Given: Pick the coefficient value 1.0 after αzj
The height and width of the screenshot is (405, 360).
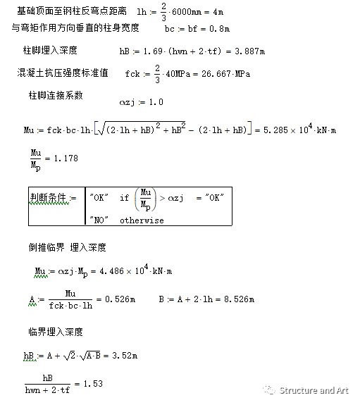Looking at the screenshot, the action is [156, 102].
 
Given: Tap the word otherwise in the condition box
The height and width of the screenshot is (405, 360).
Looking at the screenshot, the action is [141, 220].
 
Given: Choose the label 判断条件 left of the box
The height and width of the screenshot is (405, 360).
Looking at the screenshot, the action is [49, 199].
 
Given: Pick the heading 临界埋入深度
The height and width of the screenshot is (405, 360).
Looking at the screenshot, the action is [56, 332].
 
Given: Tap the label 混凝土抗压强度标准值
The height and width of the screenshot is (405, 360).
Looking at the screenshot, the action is [63, 73].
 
